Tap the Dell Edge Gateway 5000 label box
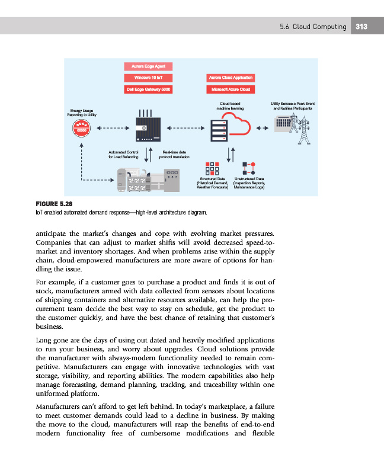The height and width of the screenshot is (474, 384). pos(148,89)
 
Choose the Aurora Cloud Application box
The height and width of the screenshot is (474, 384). pos(231,78)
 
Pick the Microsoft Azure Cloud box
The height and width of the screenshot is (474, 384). pos(231,89)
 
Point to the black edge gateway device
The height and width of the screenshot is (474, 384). pos(146,129)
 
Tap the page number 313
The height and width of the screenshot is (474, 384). pos(361,27)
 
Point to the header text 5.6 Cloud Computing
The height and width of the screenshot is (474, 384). pos(313,27)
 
